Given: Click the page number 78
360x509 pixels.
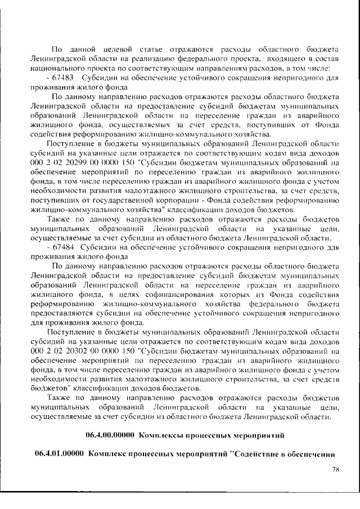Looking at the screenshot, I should (335, 469).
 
